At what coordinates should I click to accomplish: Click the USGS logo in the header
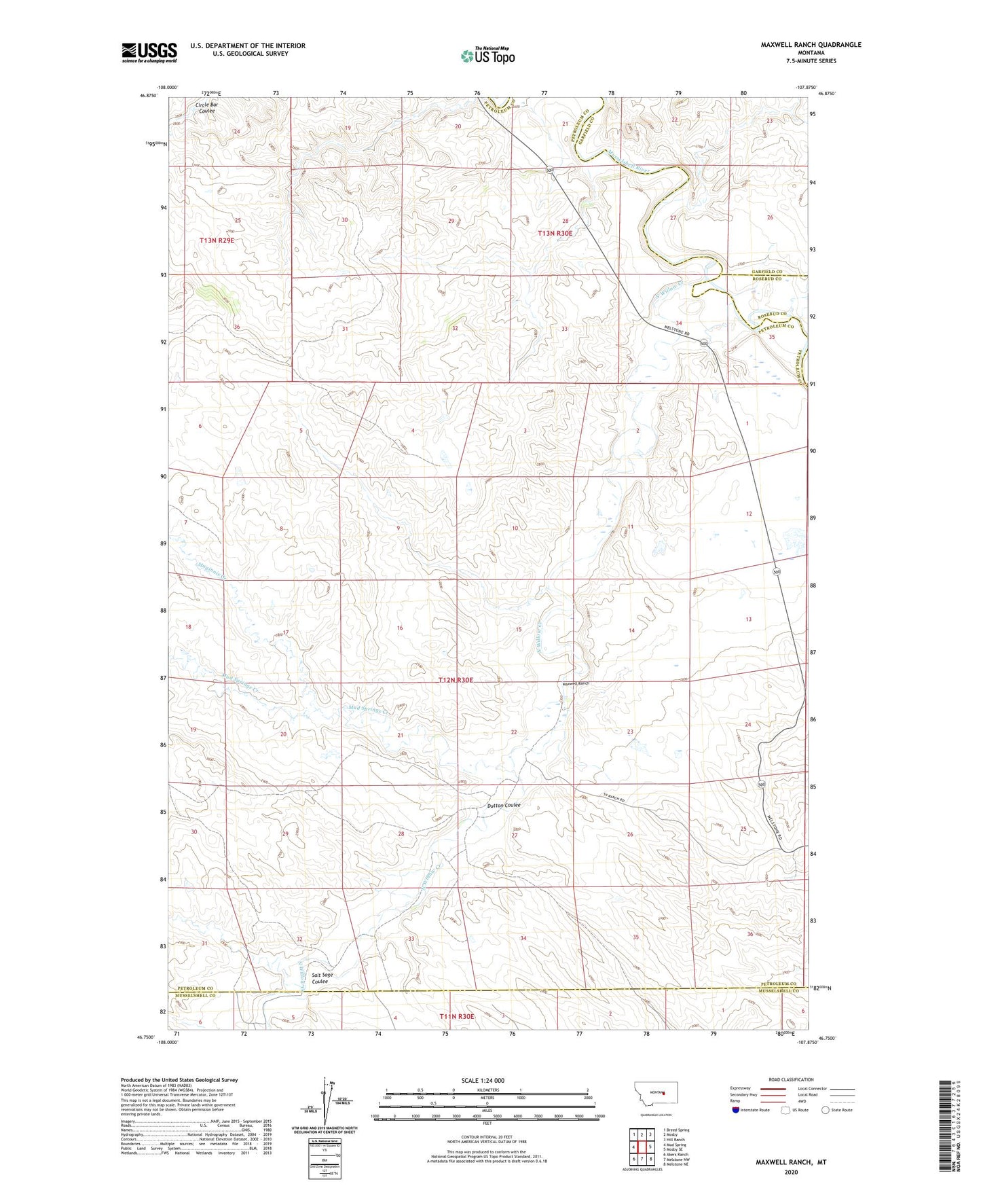(149, 52)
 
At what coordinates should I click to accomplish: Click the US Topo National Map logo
(487, 56)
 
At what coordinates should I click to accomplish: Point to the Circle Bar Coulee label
(206, 107)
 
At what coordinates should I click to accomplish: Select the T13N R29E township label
(217, 240)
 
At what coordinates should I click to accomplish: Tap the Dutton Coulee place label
(503, 805)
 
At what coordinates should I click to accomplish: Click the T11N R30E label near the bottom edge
(456, 1016)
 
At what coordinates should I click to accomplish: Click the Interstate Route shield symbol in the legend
(736, 1110)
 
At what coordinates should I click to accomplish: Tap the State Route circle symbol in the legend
(825, 1110)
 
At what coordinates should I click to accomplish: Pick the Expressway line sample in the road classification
(773, 1089)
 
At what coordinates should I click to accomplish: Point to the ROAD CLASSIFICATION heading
(791, 1079)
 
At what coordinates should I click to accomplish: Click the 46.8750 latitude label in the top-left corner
(147, 96)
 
